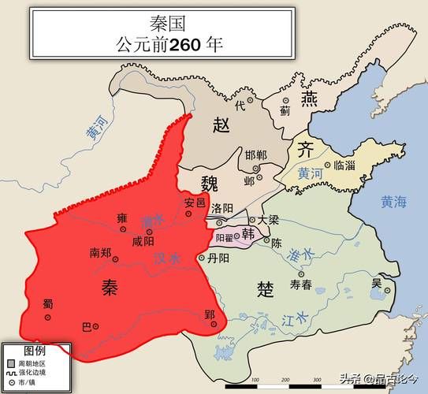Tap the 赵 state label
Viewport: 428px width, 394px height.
click(221, 124)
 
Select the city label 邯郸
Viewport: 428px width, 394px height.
click(256, 154)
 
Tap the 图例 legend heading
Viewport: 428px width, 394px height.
click(35, 349)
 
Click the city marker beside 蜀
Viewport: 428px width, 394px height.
click(47, 317)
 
